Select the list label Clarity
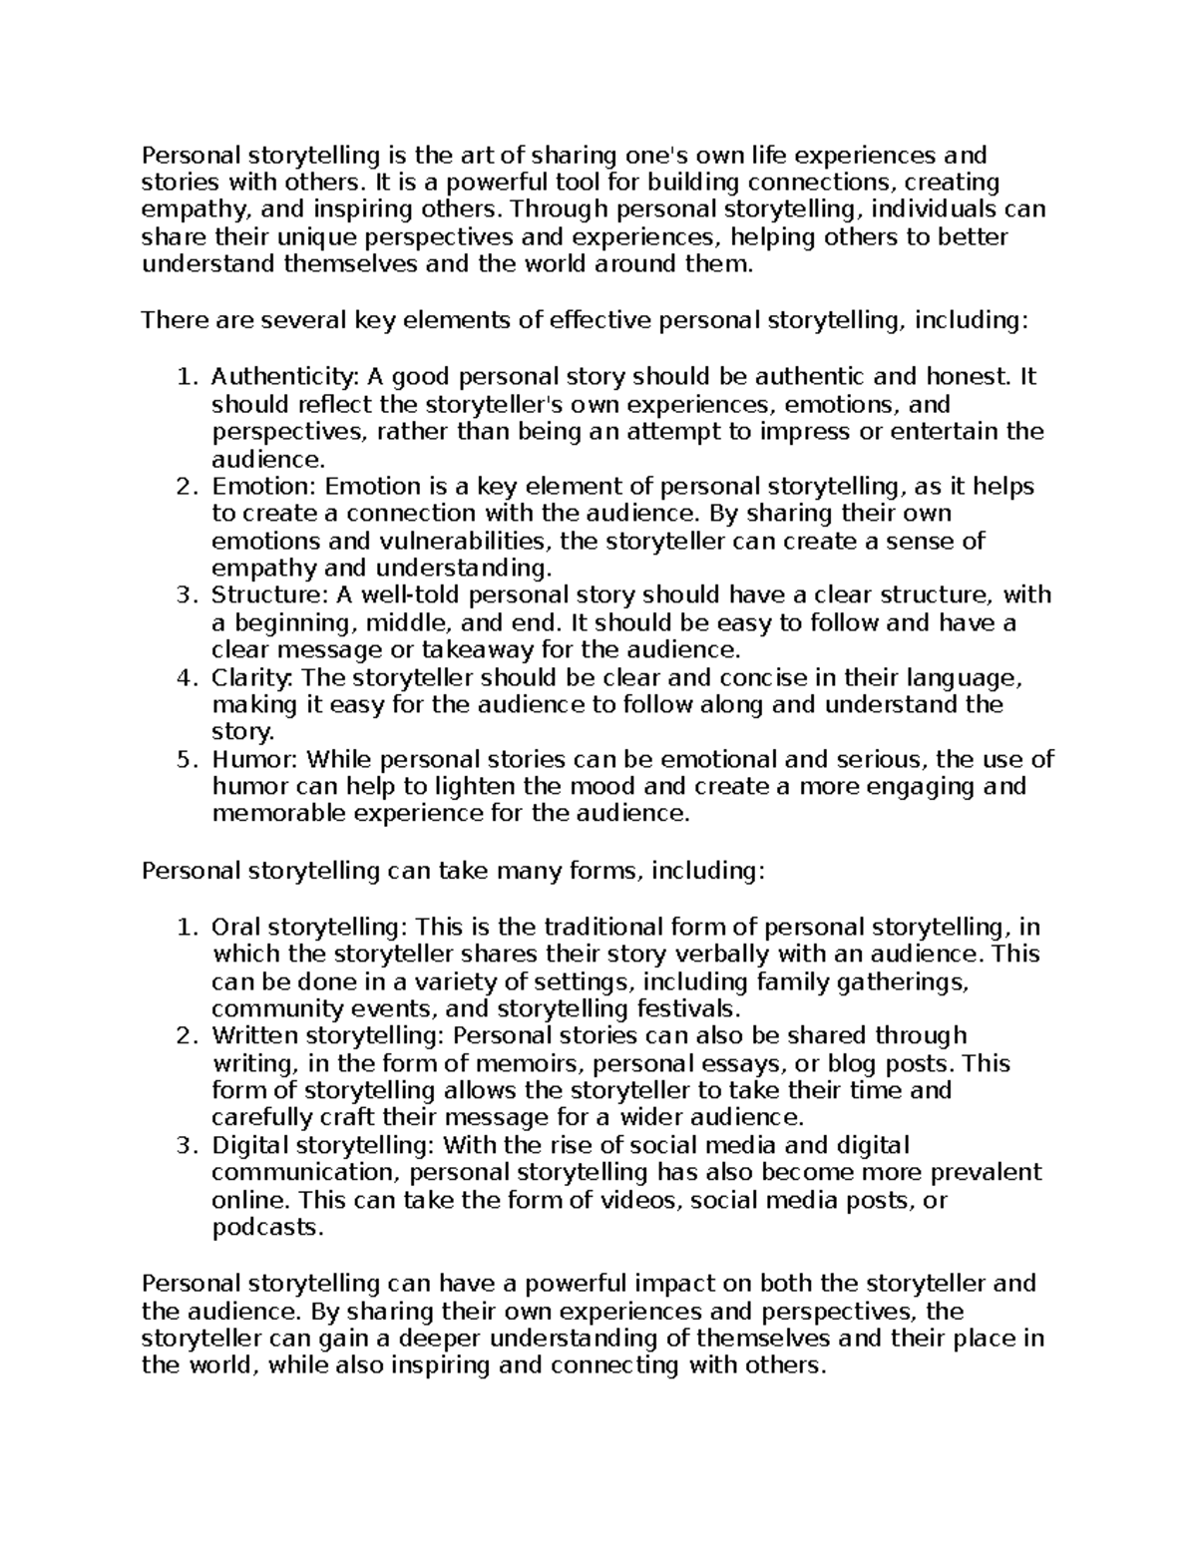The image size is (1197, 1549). point(252,678)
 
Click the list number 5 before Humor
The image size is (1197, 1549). point(184,760)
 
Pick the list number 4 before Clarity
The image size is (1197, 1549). point(184,678)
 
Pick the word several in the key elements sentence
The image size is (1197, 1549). point(300,320)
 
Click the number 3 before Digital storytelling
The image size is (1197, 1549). point(184,1145)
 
